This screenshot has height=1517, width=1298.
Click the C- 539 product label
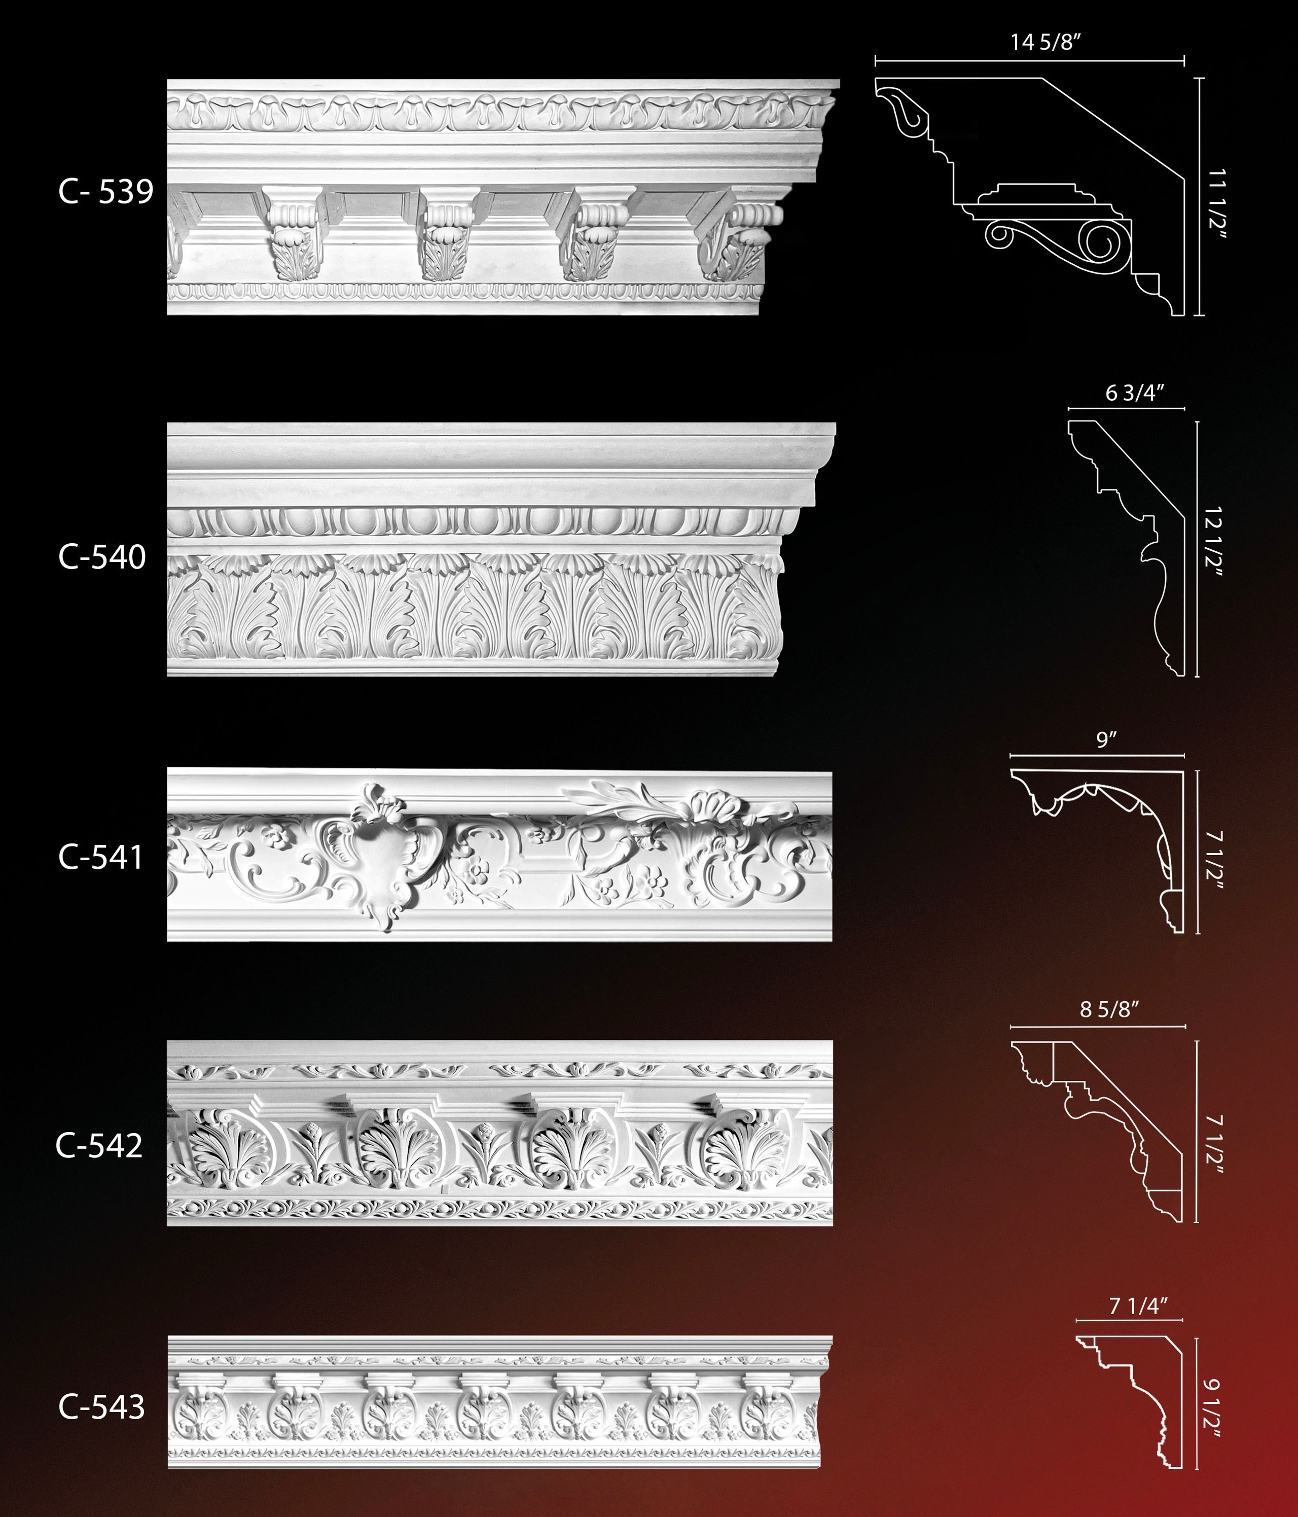coord(105,192)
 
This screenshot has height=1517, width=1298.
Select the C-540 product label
coord(102,557)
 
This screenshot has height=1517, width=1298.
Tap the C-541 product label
coord(101,857)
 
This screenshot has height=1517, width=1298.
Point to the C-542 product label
coord(99,1146)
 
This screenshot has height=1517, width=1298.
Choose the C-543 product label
coord(102,1407)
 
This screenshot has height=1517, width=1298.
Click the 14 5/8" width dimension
coord(1046,43)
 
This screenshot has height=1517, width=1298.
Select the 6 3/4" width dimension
coord(1134,393)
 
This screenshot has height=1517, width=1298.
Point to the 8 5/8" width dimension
coord(1109,1010)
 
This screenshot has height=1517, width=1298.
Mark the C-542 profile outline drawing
coord(1113,1120)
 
